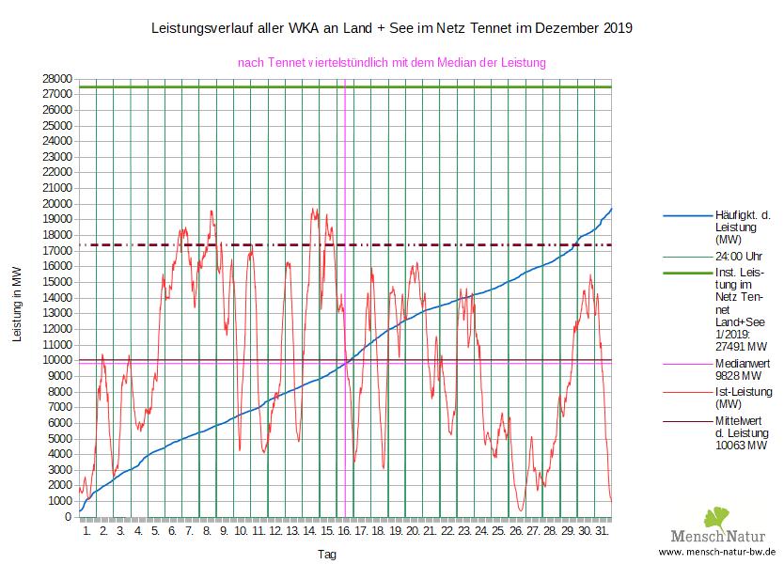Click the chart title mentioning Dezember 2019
[x=392, y=29]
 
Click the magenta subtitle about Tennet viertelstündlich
[x=392, y=63]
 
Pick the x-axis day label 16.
[x=345, y=531]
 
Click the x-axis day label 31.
[x=603, y=531]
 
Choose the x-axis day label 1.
[x=87, y=531]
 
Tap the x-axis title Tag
[x=326, y=555]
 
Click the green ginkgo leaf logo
[x=716, y=517]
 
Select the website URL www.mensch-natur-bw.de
[x=716, y=553]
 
